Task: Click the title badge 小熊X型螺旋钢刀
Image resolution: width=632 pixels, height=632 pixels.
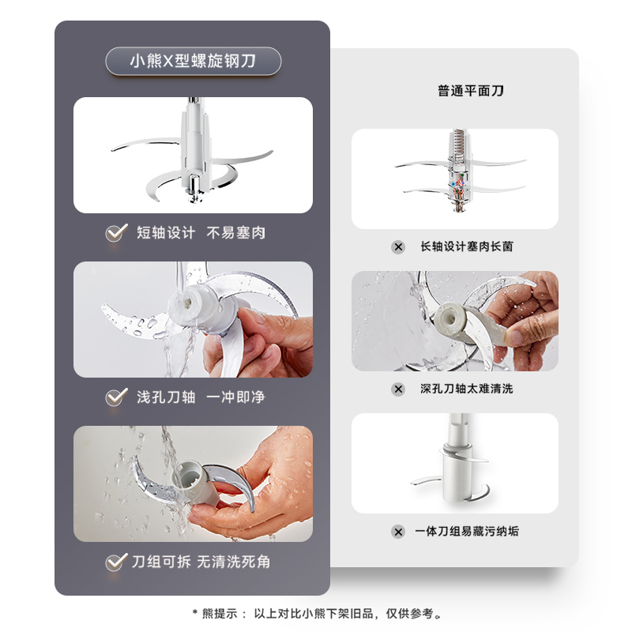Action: (x=193, y=62)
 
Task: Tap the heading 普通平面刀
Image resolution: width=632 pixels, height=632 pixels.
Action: (x=471, y=91)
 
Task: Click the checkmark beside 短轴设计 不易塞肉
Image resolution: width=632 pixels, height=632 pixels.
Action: (x=116, y=232)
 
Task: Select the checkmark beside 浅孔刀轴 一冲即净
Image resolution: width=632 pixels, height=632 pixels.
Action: (x=116, y=397)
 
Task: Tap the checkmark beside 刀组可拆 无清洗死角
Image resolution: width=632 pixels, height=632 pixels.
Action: (x=116, y=562)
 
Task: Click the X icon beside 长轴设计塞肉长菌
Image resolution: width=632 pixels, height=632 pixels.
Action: (x=398, y=246)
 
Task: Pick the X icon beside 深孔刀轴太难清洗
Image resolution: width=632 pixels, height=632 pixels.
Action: (x=398, y=389)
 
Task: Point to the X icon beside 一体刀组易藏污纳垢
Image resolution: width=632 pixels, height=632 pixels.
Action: (x=398, y=532)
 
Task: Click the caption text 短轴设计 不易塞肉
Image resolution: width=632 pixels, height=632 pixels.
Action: (x=201, y=232)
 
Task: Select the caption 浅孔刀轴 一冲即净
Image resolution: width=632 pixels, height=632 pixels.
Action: (x=201, y=397)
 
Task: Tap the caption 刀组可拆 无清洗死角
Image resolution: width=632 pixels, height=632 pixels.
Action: (x=201, y=562)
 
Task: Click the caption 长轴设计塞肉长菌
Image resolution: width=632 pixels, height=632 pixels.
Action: (x=467, y=246)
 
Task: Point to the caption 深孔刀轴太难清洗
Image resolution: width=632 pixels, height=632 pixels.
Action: (x=467, y=389)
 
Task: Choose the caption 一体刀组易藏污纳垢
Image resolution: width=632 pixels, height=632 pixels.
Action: (x=467, y=531)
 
